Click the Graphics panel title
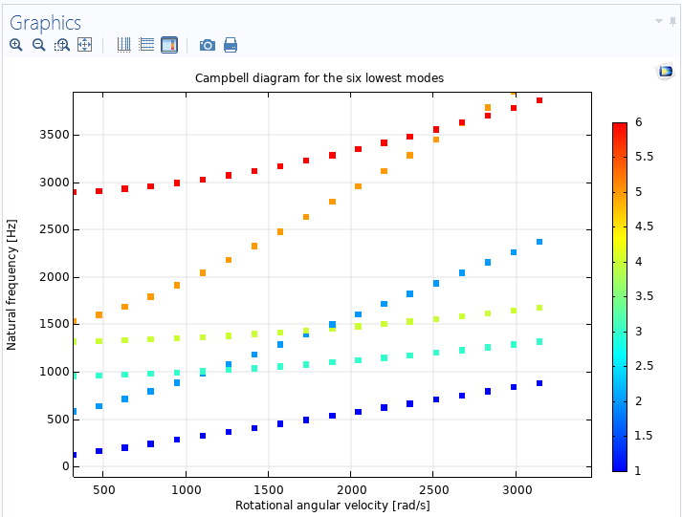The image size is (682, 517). [45, 23]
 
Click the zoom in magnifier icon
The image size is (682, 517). [16, 45]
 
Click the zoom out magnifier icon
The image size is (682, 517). [38, 45]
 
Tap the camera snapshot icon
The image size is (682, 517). [207, 45]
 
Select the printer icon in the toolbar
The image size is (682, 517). [231, 45]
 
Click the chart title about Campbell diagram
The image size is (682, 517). [319, 77]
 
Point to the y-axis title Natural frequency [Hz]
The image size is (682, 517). [11, 282]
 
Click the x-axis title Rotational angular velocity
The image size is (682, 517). [331, 504]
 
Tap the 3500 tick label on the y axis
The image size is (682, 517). [53, 135]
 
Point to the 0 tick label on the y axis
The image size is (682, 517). [65, 466]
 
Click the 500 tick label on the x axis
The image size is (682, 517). [102, 488]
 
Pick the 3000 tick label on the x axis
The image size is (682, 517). [517, 488]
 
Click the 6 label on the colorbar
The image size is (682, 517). [638, 123]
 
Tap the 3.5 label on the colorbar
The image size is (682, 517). [643, 296]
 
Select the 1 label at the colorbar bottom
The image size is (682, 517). [638, 469]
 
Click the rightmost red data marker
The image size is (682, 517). [539, 100]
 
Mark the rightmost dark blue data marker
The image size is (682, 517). [539, 383]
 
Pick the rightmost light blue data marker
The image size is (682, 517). [539, 242]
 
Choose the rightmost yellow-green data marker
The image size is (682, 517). [539, 308]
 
